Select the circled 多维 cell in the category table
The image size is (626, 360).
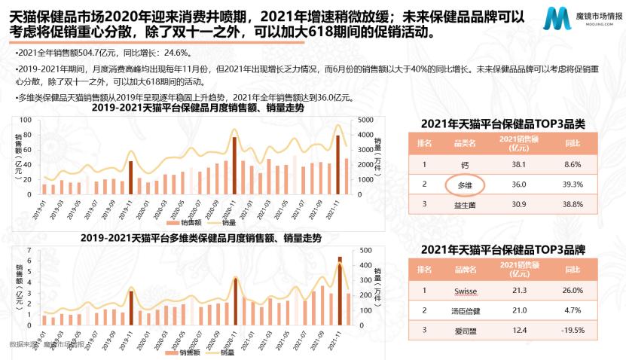[x=458, y=183]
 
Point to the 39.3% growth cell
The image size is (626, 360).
[x=572, y=183]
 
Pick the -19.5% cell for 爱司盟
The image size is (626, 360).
[x=572, y=330]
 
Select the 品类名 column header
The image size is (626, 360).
[x=458, y=142]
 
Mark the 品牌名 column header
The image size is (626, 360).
[x=458, y=270]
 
